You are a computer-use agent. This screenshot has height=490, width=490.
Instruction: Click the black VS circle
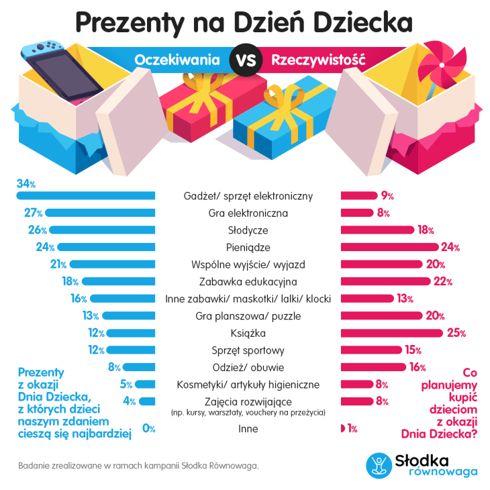[245, 60]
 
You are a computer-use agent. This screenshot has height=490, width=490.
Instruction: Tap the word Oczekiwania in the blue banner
[177, 60]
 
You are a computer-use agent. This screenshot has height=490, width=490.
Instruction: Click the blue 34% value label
[26, 183]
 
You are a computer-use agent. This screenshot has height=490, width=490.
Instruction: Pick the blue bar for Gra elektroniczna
[100, 213]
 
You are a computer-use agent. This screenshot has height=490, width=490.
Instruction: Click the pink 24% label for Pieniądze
[450, 247]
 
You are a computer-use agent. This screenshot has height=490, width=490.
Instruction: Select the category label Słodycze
[248, 230]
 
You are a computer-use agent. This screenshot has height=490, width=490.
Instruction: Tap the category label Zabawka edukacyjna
[248, 281]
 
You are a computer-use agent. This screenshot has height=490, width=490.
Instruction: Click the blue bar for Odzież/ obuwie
[140, 367]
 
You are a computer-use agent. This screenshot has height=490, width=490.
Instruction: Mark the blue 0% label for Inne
[149, 428]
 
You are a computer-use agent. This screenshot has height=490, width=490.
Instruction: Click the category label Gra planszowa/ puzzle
[248, 315]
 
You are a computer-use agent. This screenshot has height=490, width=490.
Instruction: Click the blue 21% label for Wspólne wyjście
[56, 264]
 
